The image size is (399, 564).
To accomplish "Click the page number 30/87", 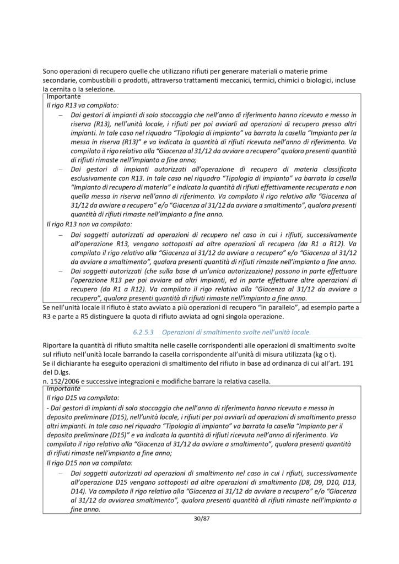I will pyautogui.click(x=199, y=518).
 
